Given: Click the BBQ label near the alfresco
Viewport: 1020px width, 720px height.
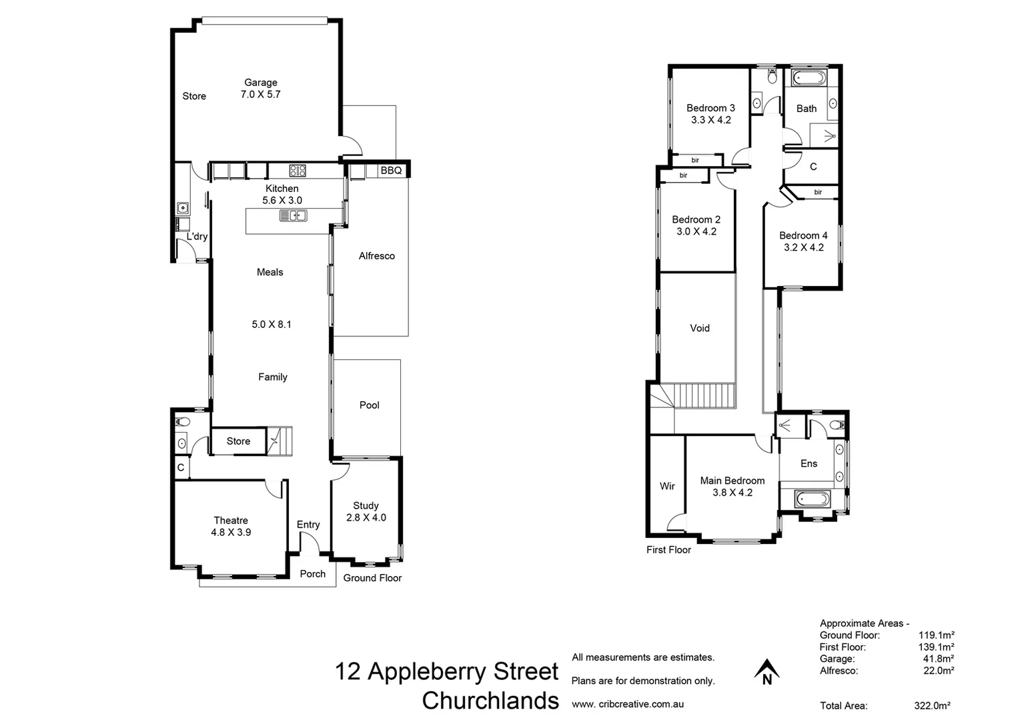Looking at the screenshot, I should coord(391,171).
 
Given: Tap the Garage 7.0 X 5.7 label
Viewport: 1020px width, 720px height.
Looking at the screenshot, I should coord(260,89).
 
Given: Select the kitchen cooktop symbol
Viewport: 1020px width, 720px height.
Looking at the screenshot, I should coord(297,171).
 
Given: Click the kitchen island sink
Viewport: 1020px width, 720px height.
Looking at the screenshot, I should coord(293,215).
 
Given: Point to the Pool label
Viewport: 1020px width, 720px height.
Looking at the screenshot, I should coord(369,405).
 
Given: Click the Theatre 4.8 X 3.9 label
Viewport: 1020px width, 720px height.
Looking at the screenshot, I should coord(231,526).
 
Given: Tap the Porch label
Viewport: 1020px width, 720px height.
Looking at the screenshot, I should coord(312,574).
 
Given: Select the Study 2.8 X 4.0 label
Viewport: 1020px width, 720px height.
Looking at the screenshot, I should coord(366,511).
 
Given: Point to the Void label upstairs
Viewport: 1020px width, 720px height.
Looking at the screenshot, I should coord(699,328).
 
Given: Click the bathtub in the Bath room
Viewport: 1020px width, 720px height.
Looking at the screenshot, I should coord(809,79).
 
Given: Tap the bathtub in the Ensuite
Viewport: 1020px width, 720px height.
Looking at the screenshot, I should coord(812,499).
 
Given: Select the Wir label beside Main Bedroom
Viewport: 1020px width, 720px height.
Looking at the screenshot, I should coord(667,486).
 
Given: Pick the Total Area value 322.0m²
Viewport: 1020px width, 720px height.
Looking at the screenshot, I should coord(932,705).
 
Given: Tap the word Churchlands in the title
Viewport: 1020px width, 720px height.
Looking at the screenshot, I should coord(490,701).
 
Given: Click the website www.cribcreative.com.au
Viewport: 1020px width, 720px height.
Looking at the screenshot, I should coord(627,704).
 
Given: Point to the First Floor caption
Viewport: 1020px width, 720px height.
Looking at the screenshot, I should coord(668,550).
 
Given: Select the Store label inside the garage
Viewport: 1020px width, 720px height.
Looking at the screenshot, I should coord(194,96).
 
